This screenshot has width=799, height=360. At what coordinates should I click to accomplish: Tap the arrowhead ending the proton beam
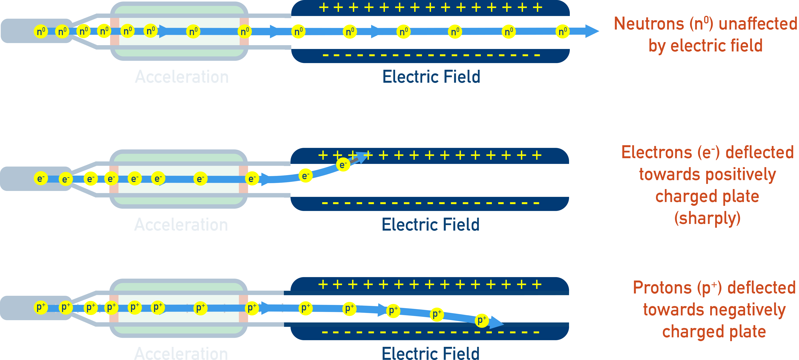tap(497, 323)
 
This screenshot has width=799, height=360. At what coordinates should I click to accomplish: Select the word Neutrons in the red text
tap(649, 24)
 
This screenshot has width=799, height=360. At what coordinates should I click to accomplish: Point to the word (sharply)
tap(708, 218)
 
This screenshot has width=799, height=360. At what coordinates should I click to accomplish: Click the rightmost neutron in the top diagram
tap(562, 31)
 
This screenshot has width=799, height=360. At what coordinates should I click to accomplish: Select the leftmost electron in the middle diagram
tap(41, 178)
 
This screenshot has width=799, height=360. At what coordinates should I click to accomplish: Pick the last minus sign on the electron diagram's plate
tap(536, 203)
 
